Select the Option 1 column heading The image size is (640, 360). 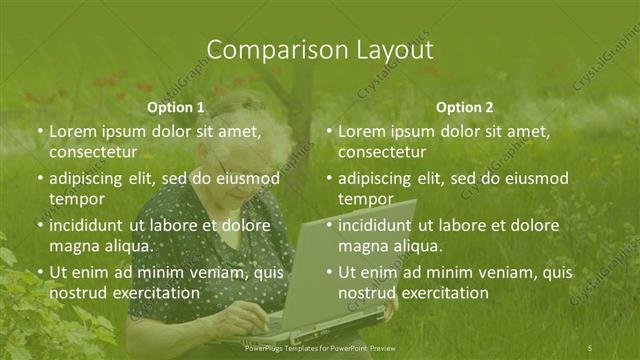(x=176, y=107)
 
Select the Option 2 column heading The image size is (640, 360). (x=465, y=107)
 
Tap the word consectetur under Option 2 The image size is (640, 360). (x=382, y=152)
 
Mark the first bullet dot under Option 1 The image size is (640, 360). (x=39, y=132)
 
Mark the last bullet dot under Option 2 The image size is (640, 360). (x=329, y=272)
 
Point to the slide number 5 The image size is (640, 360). (x=591, y=346)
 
